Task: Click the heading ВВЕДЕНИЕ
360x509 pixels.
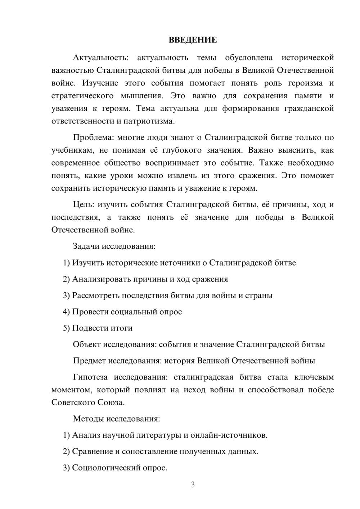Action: (x=193, y=40)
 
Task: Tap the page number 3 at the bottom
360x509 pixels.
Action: (x=193, y=485)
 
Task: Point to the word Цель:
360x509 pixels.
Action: (x=84, y=205)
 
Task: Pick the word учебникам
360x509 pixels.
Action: (x=72, y=150)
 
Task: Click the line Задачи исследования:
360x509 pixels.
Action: (x=114, y=247)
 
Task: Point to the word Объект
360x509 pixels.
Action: (x=87, y=344)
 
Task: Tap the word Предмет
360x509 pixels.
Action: (x=89, y=361)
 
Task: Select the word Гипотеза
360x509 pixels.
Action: (x=90, y=377)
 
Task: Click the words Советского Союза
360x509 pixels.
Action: (x=88, y=402)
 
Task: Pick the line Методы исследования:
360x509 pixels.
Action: (x=116, y=419)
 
